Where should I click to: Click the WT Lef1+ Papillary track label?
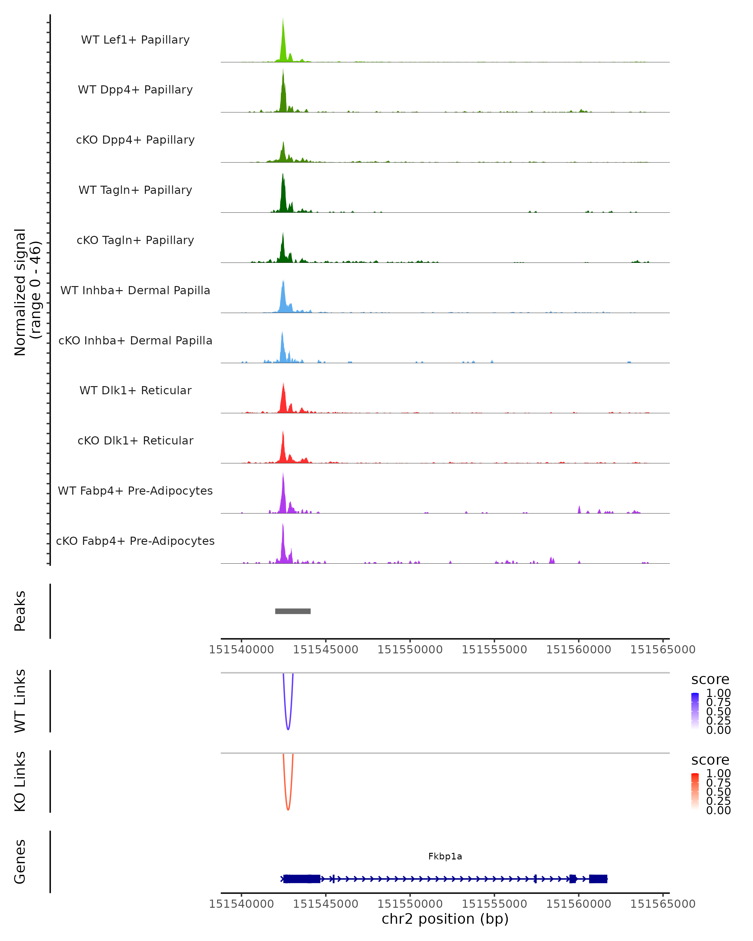(135, 40)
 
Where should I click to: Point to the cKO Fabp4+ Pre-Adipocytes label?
(135, 541)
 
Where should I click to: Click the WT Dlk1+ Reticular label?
(135, 390)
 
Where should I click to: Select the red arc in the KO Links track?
(288, 808)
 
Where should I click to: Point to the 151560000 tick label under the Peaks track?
(578, 650)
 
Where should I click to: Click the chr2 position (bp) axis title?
(445, 919)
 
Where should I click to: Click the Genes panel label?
(20, 862)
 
